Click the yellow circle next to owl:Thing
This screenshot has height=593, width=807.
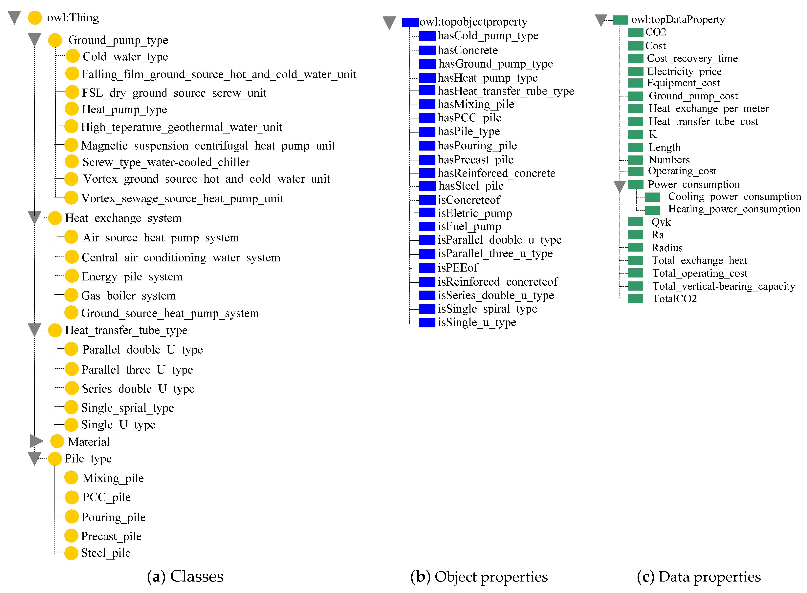35,18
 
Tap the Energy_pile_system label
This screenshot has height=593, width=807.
132,276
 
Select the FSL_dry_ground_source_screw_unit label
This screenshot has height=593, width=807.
174,93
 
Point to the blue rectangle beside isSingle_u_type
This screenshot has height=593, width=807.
427,322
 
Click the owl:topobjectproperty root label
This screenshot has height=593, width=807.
473,22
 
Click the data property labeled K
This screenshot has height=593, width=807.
653,134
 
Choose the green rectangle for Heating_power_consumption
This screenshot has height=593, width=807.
652,210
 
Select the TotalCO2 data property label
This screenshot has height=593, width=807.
674,299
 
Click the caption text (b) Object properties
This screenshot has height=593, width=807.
479,577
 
